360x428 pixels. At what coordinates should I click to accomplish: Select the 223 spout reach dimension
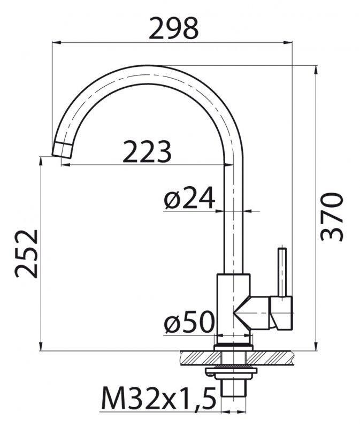[x=147, y=152]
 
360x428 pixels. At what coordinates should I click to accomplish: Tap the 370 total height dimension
[x=331, y=216]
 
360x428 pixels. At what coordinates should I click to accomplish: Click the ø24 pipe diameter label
[x=189, y=200]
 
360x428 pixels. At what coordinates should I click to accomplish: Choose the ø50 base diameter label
[x=189, y=323]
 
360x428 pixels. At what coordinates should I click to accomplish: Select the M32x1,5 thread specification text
[x=157, y=398]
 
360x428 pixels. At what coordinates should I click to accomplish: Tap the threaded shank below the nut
[x=232, y=393]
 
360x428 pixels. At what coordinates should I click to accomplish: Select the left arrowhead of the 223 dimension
[x=65, y=164]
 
